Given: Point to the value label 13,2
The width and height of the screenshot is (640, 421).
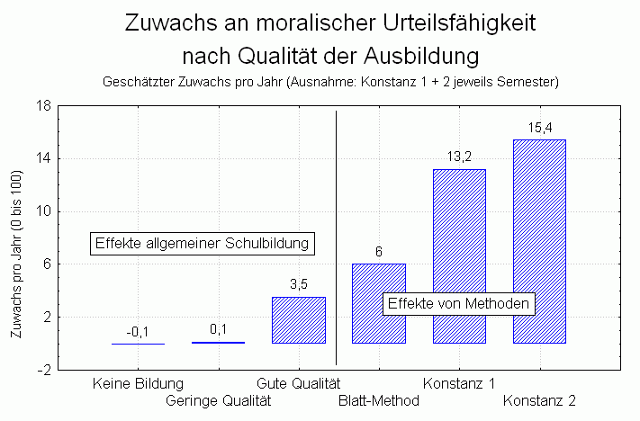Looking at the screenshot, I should click(x=459, y=157).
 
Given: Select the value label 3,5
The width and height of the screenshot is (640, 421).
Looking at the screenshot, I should click(x=299, y=284).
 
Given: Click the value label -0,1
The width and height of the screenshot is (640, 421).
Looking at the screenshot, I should click(x=138, y=332).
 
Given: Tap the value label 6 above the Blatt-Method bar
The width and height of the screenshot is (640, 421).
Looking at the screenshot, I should click(x=379, y=252).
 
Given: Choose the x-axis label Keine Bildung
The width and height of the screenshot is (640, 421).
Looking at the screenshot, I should click(x=138, y=384).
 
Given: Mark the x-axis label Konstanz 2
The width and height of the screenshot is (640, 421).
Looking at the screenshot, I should click(x=539, y=400).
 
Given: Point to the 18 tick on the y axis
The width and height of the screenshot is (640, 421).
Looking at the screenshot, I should click(x=41, y=106).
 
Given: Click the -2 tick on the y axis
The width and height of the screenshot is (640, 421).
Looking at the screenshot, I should click(x=41, y=370).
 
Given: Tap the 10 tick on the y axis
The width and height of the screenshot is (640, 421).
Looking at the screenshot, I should click(x=41, y=211).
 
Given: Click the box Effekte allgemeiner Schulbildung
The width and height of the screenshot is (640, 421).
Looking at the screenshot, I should click(x=203, y=243).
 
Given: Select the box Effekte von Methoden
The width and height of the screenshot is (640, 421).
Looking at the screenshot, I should click(x=460, y=304).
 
